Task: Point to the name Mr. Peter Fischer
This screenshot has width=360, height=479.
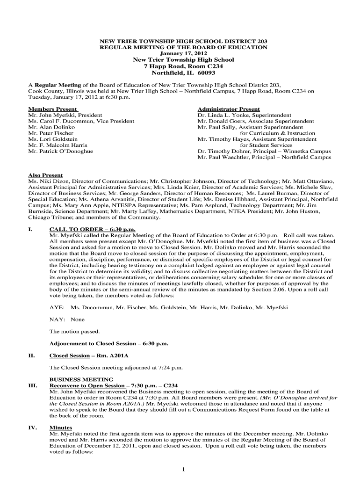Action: [51, 133]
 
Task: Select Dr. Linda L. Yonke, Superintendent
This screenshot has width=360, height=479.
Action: [245, 115]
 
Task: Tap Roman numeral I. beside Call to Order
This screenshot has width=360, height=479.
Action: [31, 229]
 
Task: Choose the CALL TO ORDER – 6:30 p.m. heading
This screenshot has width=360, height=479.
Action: [92, 229]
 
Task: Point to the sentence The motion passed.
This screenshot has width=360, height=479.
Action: [74, 332]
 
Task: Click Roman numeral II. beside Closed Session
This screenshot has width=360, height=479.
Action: [32, 356]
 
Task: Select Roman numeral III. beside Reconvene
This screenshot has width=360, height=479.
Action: [33, 385]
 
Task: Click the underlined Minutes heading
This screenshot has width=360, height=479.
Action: [61, 428]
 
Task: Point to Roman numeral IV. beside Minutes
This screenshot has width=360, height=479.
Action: [33, 428]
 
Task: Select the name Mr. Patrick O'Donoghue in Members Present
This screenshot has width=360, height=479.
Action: [61, 152]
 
